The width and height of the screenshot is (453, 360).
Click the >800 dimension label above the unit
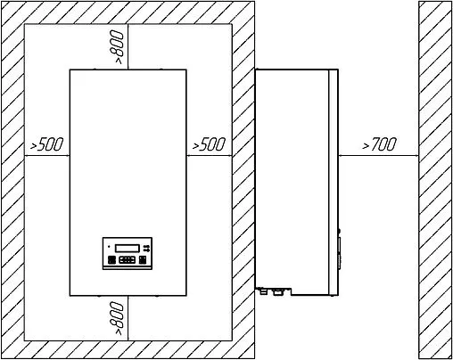(x=117, y=47)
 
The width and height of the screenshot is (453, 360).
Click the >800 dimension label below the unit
(x=116, y=318)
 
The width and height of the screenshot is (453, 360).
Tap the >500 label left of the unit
(x=47, y=144)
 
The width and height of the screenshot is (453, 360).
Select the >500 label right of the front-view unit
(x=209, y=144)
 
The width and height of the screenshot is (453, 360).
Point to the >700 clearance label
(x=380, y=144)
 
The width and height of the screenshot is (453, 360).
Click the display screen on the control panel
(x=128, y=248)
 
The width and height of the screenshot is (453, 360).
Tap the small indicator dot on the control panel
(x=109, y=246)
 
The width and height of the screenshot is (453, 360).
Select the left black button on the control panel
(x=111, y=260)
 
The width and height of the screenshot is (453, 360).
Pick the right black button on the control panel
(x=143, y=260)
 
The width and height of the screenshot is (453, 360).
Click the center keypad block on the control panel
(x=128, y=260)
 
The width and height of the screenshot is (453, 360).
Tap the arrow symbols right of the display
(x=146, y=248)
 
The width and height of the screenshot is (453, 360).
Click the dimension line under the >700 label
(x=378, y=155)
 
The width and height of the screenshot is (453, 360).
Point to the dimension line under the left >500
(x=47, y=155)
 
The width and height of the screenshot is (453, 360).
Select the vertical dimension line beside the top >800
(x=128, y=47)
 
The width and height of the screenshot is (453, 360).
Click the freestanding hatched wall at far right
(x=436, y=180)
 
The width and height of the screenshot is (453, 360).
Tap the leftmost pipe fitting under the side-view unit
(x=263, y=291)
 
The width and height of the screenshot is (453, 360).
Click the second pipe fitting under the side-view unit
(x=277, y=291)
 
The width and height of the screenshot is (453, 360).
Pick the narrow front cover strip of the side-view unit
(x=334, y=183)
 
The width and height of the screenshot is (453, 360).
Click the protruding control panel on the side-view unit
(x=339, y=252)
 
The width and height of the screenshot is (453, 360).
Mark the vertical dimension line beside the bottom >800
(x=128, y=318)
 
